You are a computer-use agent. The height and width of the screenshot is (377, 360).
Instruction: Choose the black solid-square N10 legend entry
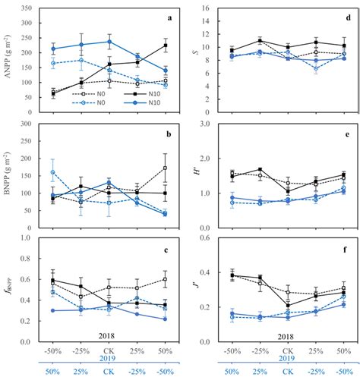pos(142,97)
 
